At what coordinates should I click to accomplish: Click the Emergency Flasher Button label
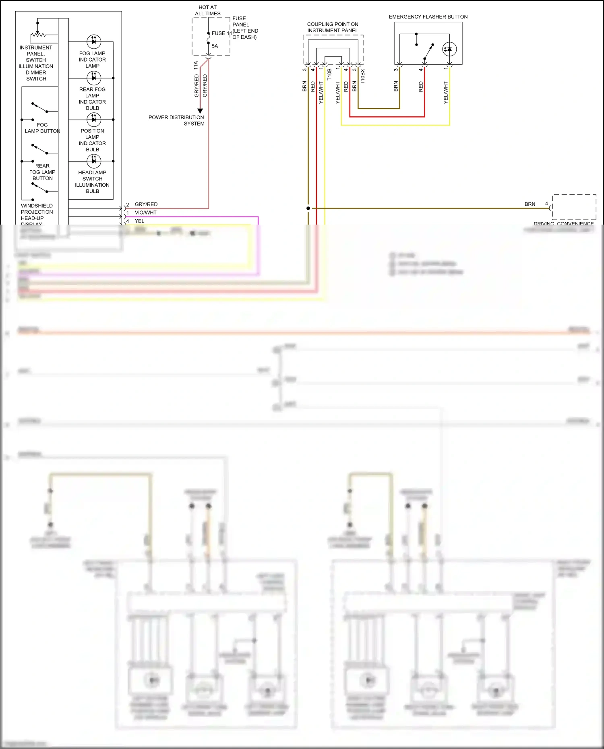[x=428, y=17]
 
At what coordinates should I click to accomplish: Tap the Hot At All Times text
[x=208, y=10]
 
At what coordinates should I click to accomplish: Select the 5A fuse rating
[x=215, y=46]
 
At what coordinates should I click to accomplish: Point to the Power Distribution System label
[x=176, y=120]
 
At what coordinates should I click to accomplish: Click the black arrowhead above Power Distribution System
[x=200, y=111]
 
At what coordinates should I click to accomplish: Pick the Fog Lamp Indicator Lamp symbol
[x=94, y=41]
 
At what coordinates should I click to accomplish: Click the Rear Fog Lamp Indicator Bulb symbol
[x=94, y=78]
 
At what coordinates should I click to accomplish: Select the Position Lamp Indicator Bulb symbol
[x=94, y=120]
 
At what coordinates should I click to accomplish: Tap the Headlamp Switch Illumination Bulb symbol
[x=94, y=161]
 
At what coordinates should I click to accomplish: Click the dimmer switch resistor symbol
[x=38, y=35]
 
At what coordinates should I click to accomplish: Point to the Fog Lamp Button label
[x=42, y=128]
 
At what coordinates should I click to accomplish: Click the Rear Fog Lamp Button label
[x=42, y=172]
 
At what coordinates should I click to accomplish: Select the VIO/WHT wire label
[x=145, y=213]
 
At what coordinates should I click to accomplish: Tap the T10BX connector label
[x=362, y=76]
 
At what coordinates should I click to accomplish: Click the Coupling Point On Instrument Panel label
[x=333, y=27]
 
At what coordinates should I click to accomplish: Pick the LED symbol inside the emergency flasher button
[x=449, y=49]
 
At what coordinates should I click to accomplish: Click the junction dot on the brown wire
[x=308, y=208]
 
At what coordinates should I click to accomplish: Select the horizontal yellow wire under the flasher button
[x=395, y=125]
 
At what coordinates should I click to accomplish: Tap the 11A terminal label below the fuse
[x=196, y=65]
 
